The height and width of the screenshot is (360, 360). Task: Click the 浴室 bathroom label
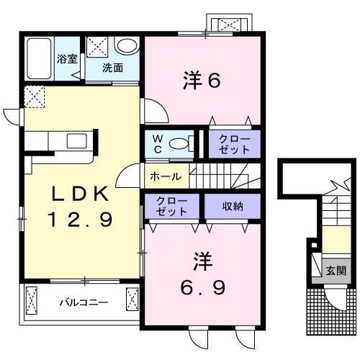click(67, 58)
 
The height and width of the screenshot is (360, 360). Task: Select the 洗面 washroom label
click(112, 68)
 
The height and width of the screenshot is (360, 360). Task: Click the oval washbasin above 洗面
click(127, 46)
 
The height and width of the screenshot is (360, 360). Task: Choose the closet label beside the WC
click(234, 143)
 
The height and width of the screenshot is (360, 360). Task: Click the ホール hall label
click(165, 176)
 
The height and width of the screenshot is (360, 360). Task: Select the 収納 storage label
click(232, 207)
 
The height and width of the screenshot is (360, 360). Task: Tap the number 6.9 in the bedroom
click(203, 288)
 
